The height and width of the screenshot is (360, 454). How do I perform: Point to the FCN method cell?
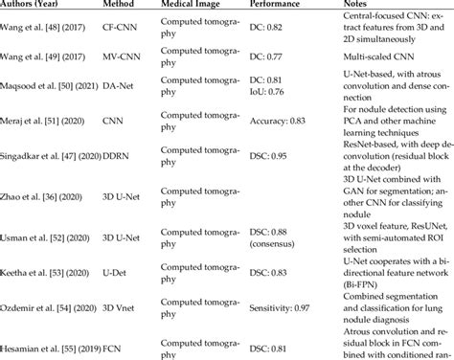(x=115, y=344)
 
